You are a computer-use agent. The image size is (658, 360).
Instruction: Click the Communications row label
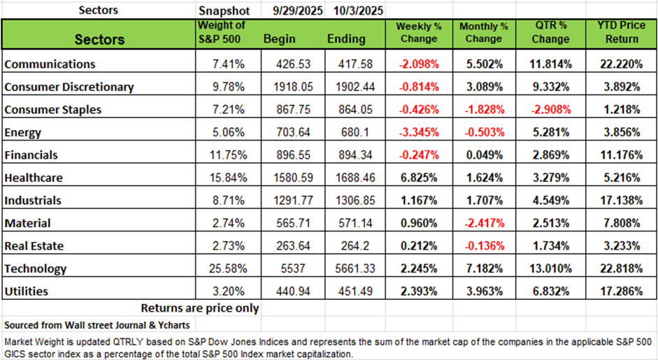coord(50,64)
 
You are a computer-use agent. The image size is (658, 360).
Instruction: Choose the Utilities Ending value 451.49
coord(353,291)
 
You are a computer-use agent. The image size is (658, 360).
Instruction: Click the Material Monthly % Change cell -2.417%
coord(483,223)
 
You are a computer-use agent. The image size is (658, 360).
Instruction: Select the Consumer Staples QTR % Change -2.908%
coord(550,110)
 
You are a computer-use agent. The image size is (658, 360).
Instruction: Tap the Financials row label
coord(31,155)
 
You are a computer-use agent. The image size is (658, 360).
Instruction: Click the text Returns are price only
coord(200,308)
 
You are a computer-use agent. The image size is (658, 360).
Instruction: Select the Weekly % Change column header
coord(417,32)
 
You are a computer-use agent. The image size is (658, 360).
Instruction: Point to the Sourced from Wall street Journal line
coord(97,325)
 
